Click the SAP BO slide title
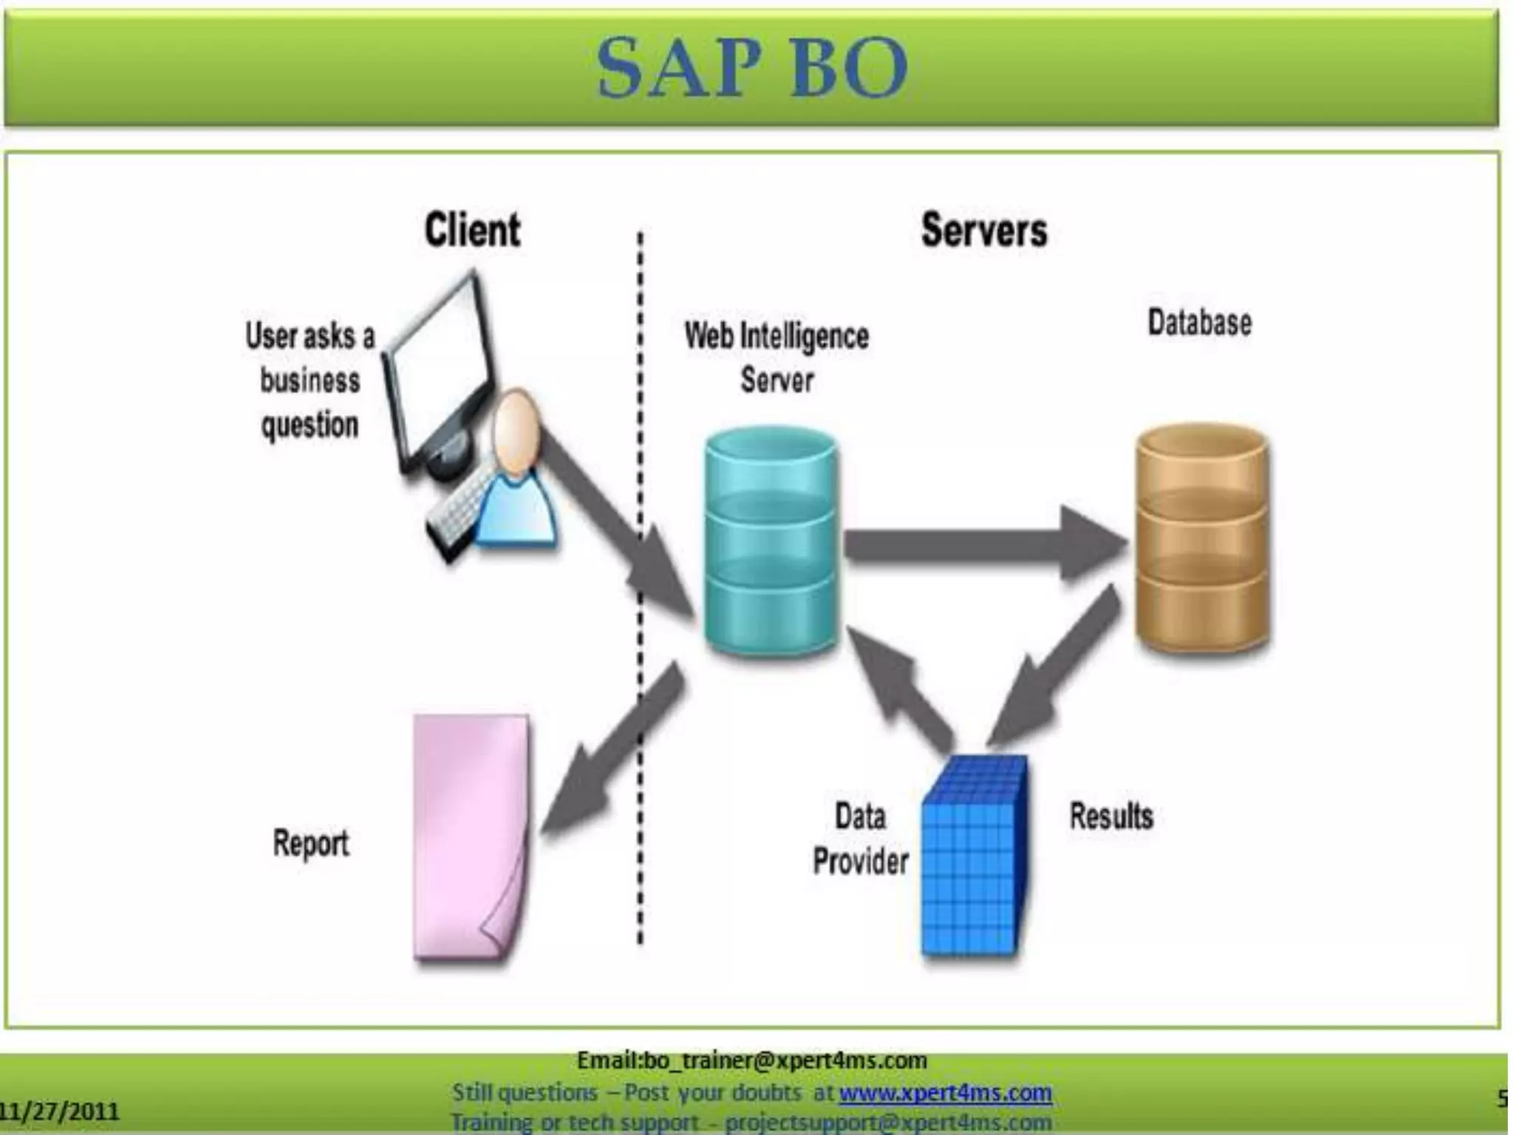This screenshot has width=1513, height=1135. (752, 68)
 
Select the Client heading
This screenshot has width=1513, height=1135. (472, 230)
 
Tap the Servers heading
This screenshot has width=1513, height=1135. (983, 230)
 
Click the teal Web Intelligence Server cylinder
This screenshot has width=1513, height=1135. (771, 542)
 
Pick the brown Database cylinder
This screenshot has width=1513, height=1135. (1202, 538)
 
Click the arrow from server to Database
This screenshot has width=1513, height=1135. (983, 545)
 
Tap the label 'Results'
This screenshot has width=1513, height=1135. (1110, 817)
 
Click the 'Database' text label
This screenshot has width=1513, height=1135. (1199, 323)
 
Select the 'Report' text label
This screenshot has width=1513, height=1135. (310, 843)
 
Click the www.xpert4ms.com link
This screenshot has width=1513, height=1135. (945, 1092)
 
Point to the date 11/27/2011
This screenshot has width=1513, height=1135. (59, 1111)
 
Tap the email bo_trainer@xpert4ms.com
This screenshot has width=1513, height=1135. (751, 1061)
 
